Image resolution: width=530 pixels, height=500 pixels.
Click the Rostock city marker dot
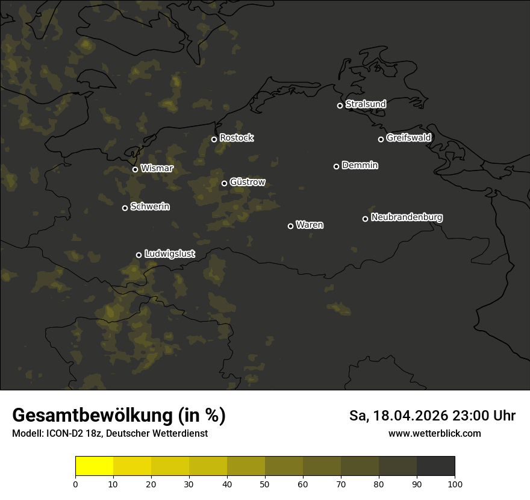point(214,139)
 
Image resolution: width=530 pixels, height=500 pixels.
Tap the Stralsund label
point(366,104)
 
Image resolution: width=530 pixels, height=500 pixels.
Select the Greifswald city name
point(408,138)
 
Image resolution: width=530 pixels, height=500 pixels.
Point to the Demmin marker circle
point(336,166)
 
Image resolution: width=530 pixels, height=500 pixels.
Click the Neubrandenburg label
point(407,217)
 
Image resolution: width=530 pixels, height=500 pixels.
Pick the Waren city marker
point(290,226)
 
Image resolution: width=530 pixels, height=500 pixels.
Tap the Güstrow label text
point(248,182)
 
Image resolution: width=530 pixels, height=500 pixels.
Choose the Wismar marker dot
point(135,169)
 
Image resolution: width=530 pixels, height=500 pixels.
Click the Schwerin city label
point(150,207)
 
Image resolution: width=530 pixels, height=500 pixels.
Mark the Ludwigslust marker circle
point(139,255)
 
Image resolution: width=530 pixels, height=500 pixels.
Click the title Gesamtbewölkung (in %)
point(119,416)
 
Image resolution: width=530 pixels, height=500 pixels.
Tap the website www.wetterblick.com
point(434,434)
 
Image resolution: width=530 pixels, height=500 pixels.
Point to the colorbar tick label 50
point(265,484)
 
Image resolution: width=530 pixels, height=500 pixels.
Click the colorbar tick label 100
point(455,484)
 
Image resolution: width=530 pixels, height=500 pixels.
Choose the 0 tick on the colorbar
point(75,484)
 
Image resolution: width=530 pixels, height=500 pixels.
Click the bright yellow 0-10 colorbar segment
point(94,466)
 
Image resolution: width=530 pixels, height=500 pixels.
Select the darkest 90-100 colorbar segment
point(435,466)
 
